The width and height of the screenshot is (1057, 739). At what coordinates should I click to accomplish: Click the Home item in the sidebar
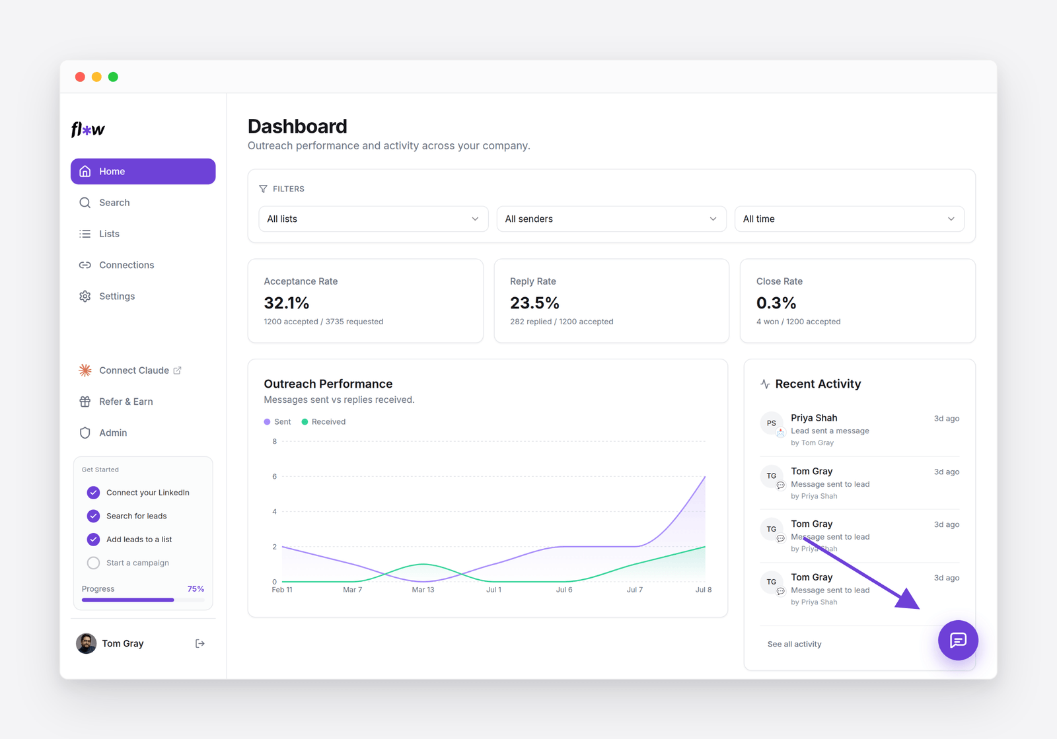point(143,171)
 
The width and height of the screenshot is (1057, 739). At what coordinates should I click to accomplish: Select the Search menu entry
point(114,202)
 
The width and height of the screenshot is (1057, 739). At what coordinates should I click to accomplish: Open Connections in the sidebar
point(126,265)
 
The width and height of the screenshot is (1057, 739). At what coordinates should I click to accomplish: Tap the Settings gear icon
point(85,296)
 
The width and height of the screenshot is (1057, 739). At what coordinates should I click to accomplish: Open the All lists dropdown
point(373,219)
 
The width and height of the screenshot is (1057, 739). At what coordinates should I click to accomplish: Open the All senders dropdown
point(611,219)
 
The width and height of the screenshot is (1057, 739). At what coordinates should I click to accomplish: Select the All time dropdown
point(850,219)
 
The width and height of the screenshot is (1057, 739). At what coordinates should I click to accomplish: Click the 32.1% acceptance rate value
point(287,302)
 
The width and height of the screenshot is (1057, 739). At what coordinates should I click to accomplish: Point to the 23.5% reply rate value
point(534,302)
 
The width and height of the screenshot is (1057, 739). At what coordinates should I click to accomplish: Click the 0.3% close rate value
point(776,302)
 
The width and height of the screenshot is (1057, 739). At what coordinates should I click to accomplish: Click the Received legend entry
point(324,421)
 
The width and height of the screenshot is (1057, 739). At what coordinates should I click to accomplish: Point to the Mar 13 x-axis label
point(423,590)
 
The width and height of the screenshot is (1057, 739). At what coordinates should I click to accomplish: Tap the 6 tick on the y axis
point(275,476)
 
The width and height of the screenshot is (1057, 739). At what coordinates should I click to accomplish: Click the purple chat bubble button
point(958,640)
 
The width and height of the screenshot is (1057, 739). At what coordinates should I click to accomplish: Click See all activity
point(794,644)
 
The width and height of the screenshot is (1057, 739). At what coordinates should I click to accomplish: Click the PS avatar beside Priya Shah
point(772,423)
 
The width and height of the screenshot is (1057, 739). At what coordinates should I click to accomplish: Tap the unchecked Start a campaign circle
point(93,563)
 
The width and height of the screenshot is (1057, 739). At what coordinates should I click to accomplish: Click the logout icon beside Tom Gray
point(200,643)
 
